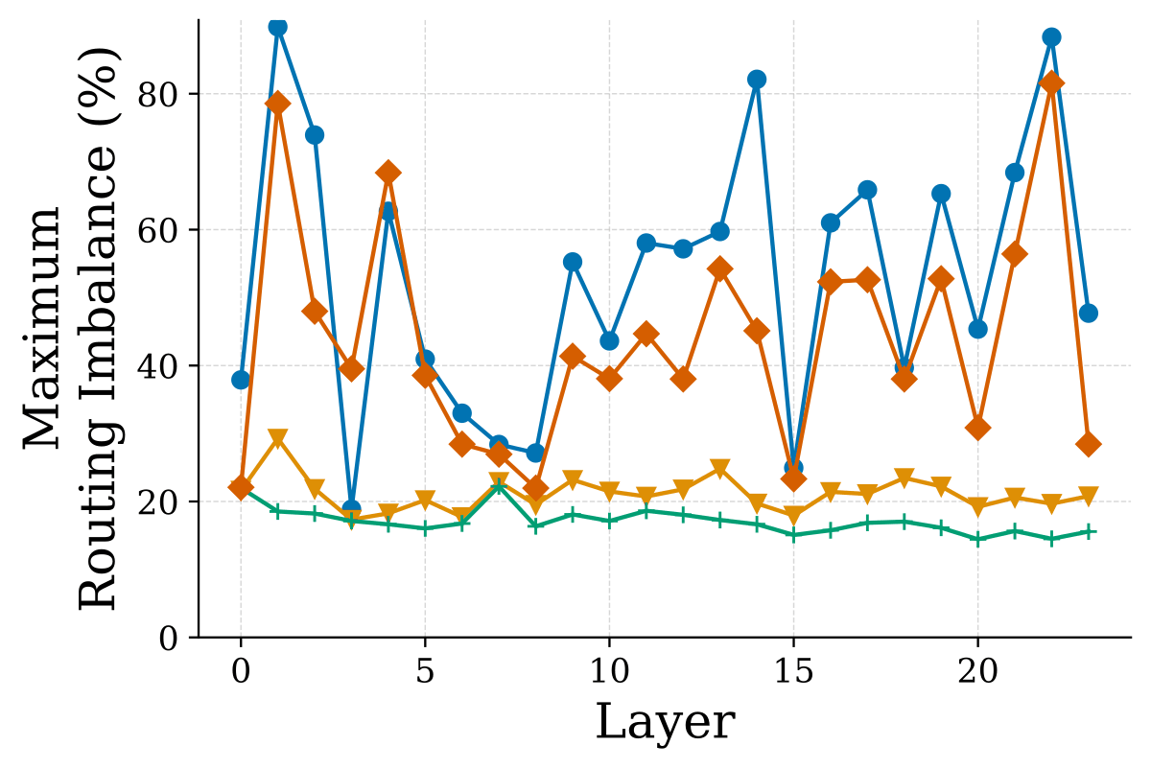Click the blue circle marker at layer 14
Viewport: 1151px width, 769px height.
pos(757,80)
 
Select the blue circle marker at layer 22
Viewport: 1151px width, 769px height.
pos(1052,37)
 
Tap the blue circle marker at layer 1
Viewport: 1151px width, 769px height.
pos(278,27)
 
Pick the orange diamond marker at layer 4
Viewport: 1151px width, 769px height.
pos(388,173)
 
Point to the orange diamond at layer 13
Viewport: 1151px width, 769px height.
pos(720,269)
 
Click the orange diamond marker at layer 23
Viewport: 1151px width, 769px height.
pos(1089,444)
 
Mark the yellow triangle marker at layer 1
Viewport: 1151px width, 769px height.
pos(278,439)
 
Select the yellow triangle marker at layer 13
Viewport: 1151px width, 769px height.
pos(720,469)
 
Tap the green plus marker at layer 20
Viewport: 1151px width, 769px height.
pos(977,540)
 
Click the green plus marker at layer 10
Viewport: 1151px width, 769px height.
pos(609,522)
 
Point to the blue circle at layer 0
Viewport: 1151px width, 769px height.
pos(241,380)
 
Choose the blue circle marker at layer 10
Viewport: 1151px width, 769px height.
pos(609,340)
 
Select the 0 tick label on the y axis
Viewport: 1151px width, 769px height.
pos(169,639)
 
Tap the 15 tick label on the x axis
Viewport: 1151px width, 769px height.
pos(793,671)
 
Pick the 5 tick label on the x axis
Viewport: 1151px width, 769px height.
pos(425,671)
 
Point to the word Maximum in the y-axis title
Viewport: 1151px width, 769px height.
pos(42,328)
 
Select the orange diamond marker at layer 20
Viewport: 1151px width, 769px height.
pos(977,428)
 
